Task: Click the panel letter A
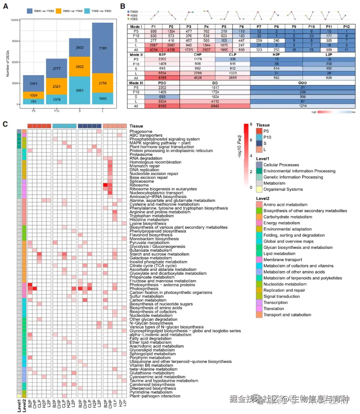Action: tap(5, 6)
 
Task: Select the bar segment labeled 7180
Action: tap(103, 48)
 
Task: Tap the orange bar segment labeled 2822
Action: tap(80, 67)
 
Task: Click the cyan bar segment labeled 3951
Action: tap(80, 90)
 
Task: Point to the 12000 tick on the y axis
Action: tap(14, 20)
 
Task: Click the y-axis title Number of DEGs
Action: tap(8, 64)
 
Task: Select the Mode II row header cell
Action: tap(136, 55)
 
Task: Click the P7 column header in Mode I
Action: tap(259, 27)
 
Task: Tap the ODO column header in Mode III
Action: tap(302, 83)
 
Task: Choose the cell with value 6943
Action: tap(215, 106)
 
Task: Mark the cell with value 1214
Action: tap(302, 106)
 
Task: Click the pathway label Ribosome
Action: tap(139, 185)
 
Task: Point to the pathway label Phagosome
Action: tap(141, 132)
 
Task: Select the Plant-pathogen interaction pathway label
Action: tap(155, 396)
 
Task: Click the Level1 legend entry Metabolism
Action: tap(274, 183)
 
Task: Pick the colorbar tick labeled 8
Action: tap(251, 124)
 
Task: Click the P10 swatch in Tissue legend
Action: tap(259, 137)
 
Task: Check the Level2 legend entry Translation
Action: tap(274, 308)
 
